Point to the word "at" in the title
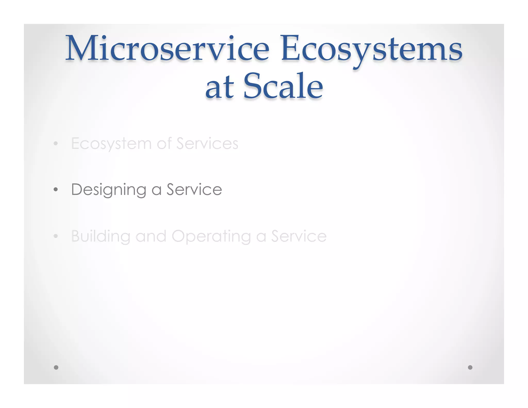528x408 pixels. coord(220,88)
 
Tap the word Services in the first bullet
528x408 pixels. coord(207,144)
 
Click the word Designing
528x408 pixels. coord(109,190)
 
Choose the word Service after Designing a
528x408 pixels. coord(194,190)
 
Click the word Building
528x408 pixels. coord(101,236)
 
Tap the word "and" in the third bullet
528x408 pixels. coord(151,236)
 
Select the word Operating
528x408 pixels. coord(211,236)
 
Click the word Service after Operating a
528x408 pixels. coord(299,236)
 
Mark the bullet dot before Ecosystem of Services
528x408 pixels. coord(56,144)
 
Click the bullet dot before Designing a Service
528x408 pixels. coord(56,190)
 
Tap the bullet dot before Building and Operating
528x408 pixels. coord(56,236)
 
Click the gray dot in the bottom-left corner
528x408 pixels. coord(56,367)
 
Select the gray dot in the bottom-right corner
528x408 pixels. coord(470,367)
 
